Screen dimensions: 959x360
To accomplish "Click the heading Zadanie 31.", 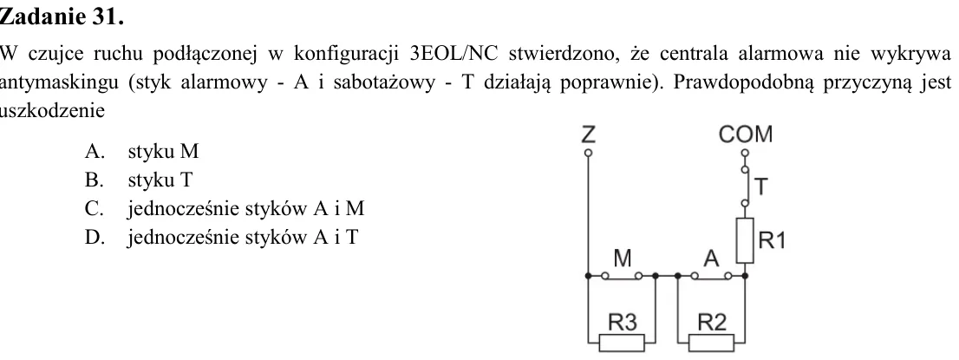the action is coord(62,17).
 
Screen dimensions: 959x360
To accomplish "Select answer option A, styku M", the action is coord(141,151).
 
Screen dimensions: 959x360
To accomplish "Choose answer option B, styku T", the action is coord(138,180).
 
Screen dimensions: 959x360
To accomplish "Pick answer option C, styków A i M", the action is coord(225,209).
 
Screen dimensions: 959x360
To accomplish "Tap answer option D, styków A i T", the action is coord(221,238).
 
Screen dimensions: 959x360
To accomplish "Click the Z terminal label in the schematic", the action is coord(588,134).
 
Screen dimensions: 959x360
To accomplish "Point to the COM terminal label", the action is coord(746,134).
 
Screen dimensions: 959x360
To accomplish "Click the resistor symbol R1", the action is coord(744,240).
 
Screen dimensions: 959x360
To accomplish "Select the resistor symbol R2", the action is coord(711,343).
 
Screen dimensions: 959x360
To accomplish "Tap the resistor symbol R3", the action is coord(622,343).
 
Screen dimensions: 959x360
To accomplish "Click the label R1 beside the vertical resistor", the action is coord(772,241).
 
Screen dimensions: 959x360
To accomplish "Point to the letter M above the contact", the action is coord(622,259).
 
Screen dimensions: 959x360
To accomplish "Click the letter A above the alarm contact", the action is coord(711,259).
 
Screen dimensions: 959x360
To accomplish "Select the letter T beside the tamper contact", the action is coord(760,187).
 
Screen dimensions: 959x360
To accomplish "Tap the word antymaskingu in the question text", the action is coord(59,83).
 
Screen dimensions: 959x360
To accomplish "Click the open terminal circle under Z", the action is coord(588,152).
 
